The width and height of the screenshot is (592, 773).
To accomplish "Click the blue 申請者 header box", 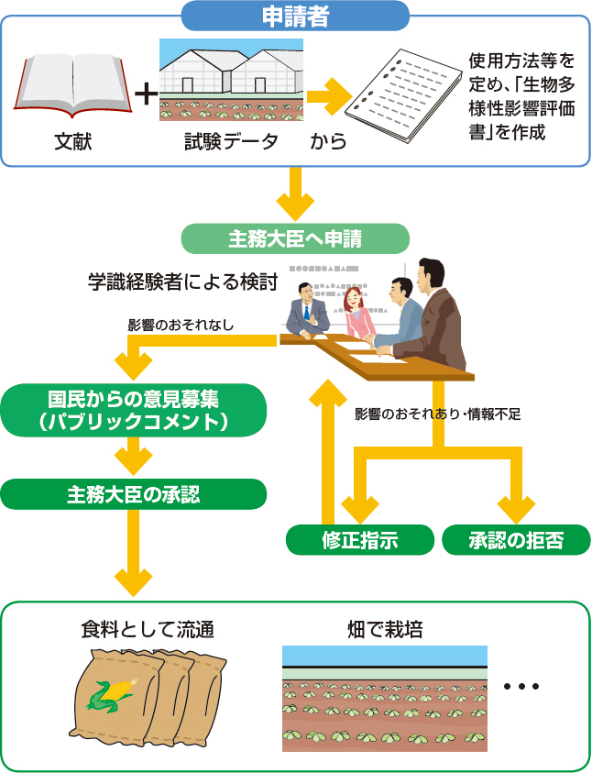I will pos(295,16).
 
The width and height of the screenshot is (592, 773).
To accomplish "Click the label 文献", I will pos(72,141).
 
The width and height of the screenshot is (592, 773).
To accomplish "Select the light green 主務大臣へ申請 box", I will pos(295,239).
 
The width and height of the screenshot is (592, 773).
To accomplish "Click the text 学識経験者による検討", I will pos(182,282).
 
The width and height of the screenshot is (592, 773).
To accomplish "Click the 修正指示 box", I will pos(359,540).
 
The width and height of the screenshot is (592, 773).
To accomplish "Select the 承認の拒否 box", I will pos(516,540).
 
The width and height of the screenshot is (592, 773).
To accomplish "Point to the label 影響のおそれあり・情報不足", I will pos(438,414).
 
